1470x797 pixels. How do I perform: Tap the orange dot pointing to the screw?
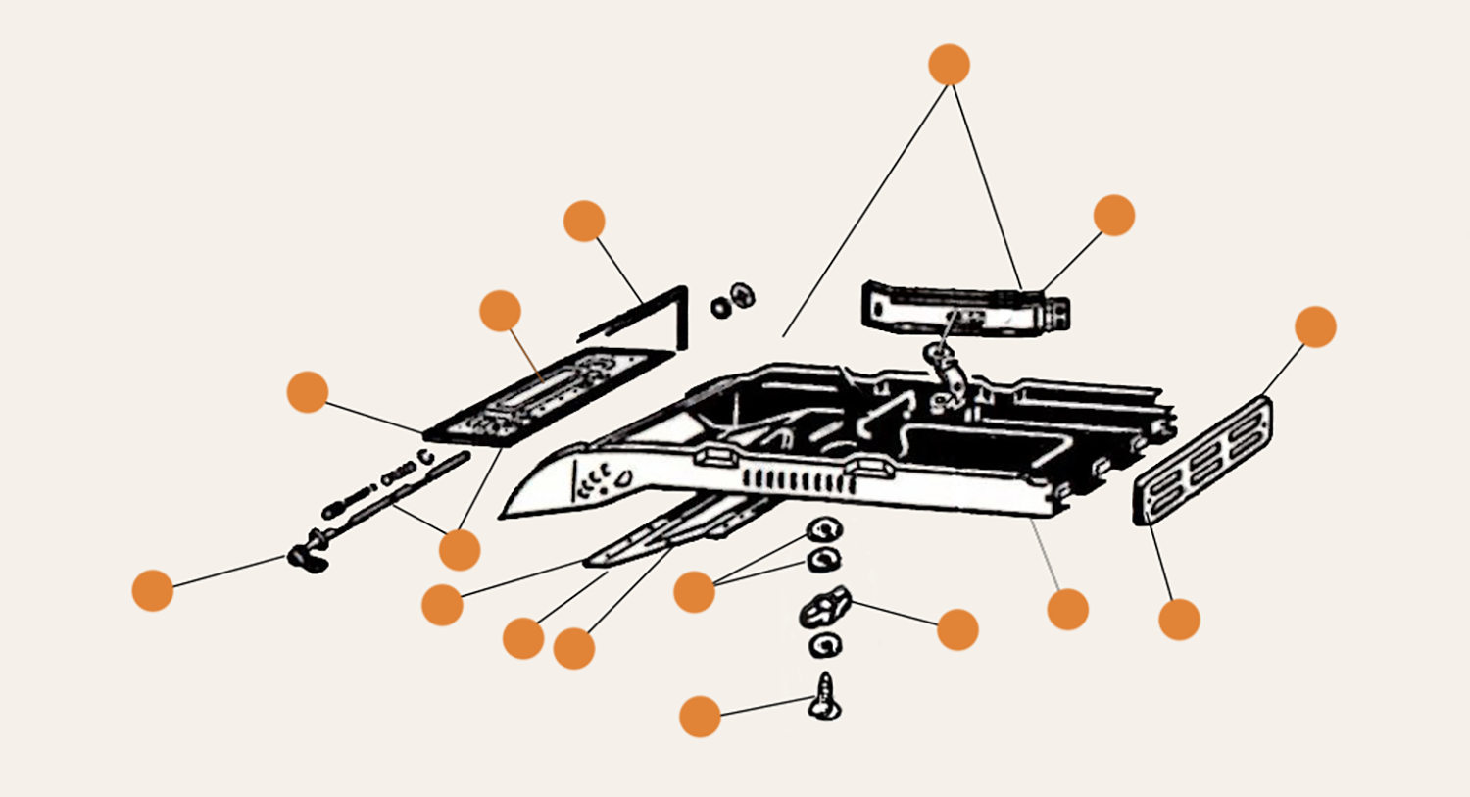click(x=700, y=717)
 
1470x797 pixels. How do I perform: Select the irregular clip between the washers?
click(x=824, y=611)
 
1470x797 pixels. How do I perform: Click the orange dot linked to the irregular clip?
click(x=957, y=629)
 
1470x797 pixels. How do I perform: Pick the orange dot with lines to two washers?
click(x=694, y=592)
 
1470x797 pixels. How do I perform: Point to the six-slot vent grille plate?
click(x=1202, y=460)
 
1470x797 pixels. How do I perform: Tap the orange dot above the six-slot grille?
click(x=1315, y=326)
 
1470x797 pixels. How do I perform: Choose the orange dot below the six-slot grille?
click(x=1179, y=620)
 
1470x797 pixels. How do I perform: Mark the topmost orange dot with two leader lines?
click(x=949, y=65)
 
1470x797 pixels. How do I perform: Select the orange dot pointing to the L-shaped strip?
click(x=584, y=222)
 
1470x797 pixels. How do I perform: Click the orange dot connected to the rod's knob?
click(x=153, y=590)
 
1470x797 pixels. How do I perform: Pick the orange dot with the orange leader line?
click(x=501, y=311)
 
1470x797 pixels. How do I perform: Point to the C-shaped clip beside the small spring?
click(x=425, y=457)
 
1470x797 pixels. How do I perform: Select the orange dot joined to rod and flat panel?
click(x=460, y=550)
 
